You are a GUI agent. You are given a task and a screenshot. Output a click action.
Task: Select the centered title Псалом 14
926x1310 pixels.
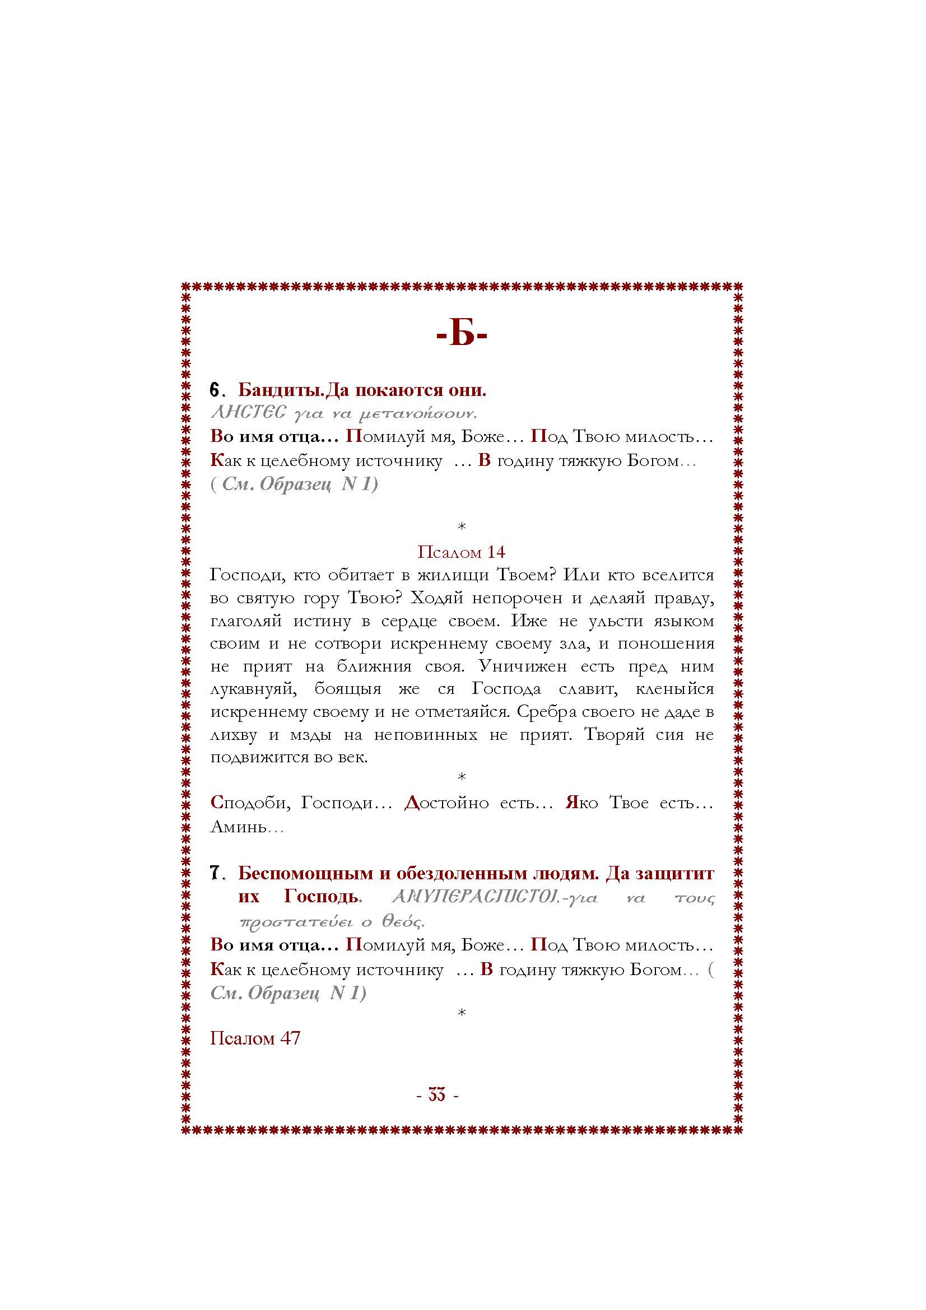[x=462, y=552]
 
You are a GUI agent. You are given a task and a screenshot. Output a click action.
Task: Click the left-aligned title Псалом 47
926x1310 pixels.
[x=255, y=1038]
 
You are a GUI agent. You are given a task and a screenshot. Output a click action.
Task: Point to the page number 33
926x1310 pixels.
[x=437, y=1095]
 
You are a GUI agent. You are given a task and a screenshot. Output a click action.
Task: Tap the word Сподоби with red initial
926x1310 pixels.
[x=250, y=803]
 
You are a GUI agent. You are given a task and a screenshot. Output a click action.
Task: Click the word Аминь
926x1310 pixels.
[x=239, y=827]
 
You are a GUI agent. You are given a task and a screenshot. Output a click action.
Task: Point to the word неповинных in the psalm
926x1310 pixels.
[x=426, y=735]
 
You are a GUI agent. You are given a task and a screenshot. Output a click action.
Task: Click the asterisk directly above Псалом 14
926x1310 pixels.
[x=462, y=526]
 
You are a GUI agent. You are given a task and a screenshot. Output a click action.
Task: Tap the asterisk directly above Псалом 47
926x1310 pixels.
[x=462, y=1013]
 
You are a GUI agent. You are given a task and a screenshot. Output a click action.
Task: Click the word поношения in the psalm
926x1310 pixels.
[x=666, y=643]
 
